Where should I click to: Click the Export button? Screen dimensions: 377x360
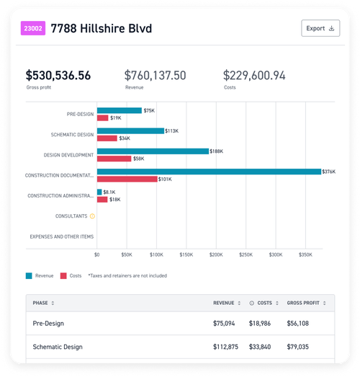(x=320, y=29)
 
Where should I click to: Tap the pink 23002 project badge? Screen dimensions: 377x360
(x=32, y=29)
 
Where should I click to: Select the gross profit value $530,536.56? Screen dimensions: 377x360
(x=58, y=75)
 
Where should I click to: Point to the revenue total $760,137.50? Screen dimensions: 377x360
(x=156, y=75)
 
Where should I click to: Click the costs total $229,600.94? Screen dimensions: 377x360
(x=254, y=75)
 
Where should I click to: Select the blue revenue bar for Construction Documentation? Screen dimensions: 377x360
(x=209, y=172)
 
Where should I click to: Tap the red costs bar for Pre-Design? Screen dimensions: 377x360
(x=102, y=117)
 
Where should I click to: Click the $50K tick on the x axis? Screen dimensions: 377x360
(x=127, y=254)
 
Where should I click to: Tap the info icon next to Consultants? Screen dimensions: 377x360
(x=92, y=216)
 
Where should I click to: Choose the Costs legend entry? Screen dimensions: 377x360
(x=70, y=275)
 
